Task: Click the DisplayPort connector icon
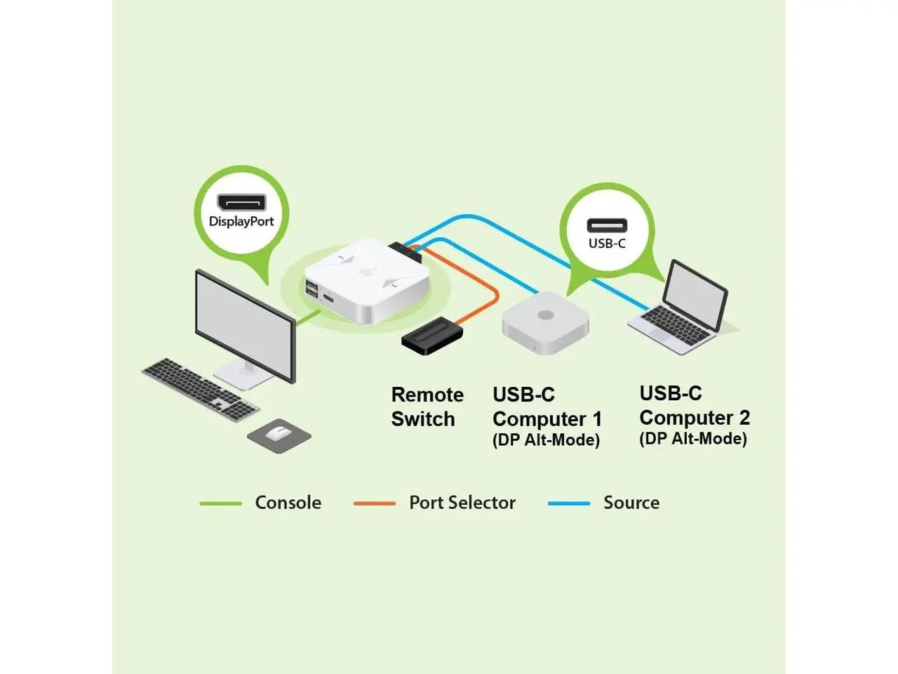click(x=241, y=203)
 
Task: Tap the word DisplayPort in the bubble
click(x=241, y=222)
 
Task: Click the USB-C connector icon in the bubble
click(x=607, y=225)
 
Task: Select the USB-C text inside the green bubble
click(x=607, y=244)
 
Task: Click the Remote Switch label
click(x=427, y=407)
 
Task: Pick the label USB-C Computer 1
click(x=547, y=407)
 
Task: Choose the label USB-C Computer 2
click(x=694, y=406)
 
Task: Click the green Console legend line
click(x=220, y=503)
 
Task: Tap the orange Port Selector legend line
click(x=374, y=503)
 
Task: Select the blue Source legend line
click(x=568, y=503)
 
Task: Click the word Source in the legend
click(x=631, y=503)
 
